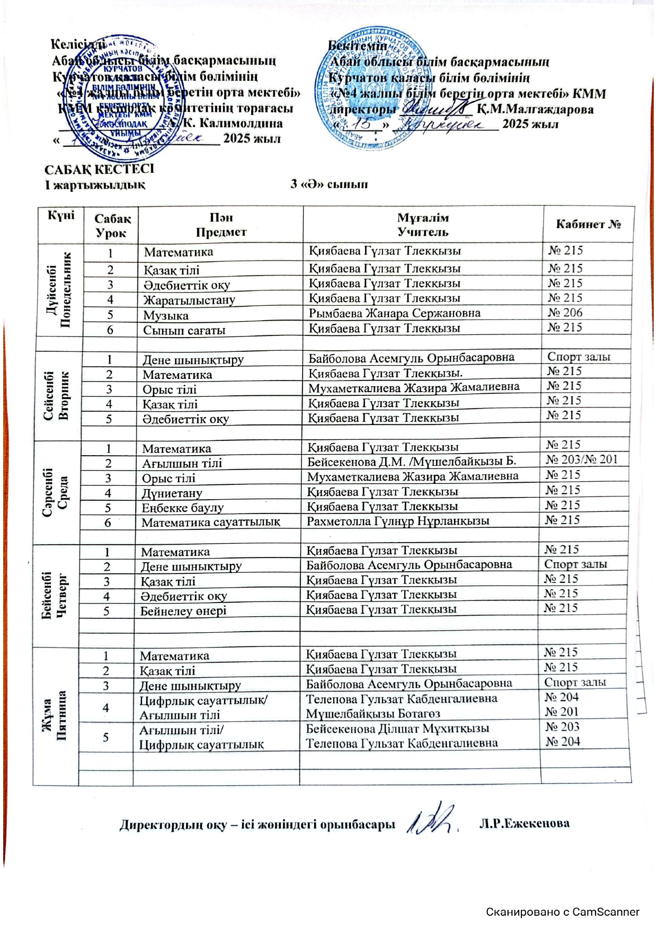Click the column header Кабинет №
(588, 224)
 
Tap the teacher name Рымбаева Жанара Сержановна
(395, 313)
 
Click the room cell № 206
(565, 313)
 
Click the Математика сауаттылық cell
(210, 522)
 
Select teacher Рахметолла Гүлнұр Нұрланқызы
(398, 521)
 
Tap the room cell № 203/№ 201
(582, 459)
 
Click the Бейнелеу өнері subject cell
(183, 611)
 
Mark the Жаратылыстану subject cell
(189, 300)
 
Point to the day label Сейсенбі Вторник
(56, 396)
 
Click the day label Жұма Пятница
(55, 715)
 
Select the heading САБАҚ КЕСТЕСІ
(99, 169)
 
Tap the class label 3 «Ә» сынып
(328, 184)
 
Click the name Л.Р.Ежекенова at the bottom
(524, 823)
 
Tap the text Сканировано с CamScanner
(563, 912)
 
